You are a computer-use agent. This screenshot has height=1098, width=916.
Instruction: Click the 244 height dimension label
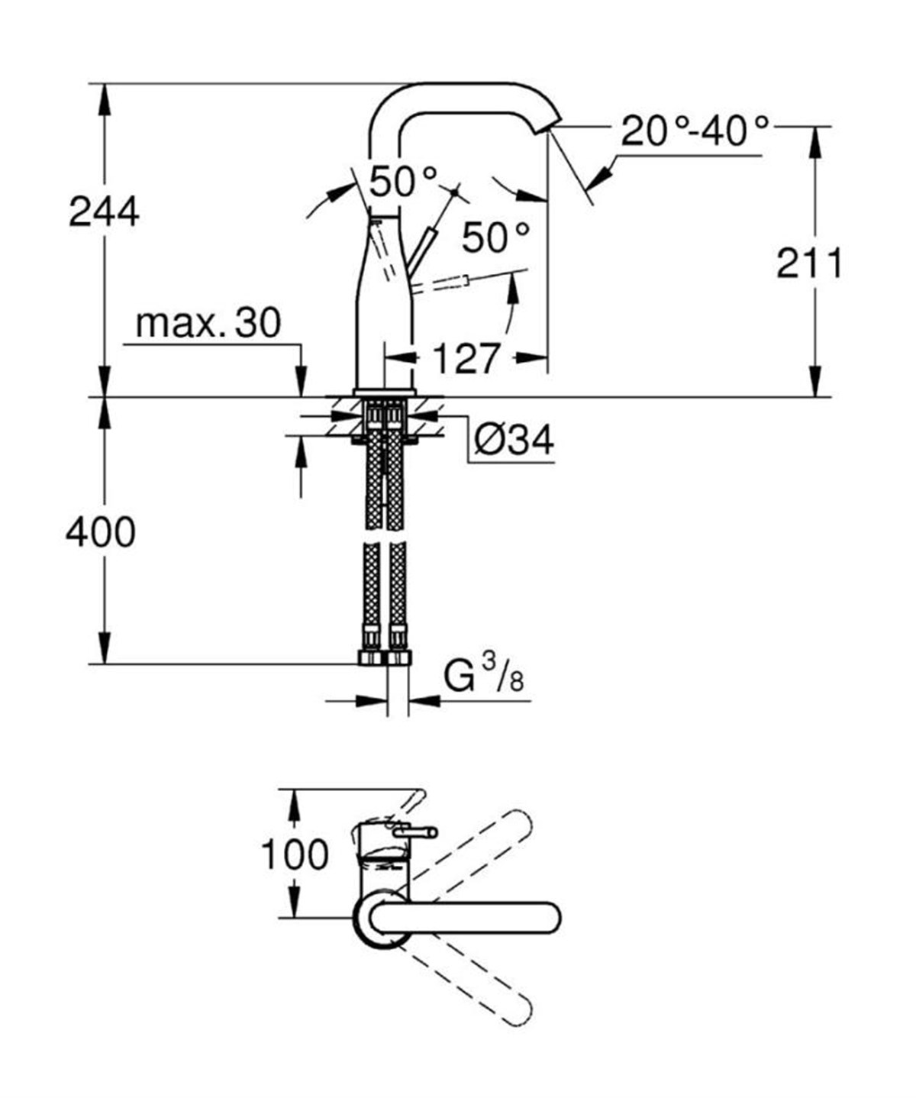pos(104,212)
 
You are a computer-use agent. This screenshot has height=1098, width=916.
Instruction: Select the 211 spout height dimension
pos(809,264)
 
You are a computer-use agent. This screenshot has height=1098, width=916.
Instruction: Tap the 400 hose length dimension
pos(100,531)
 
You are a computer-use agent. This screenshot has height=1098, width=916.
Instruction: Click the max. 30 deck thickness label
pos(208,323)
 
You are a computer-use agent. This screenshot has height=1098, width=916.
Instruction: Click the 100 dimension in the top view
pos(295,854)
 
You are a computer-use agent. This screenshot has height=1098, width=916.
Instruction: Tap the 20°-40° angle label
pos(694,131)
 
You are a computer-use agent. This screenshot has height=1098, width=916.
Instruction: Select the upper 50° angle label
pos(404,182)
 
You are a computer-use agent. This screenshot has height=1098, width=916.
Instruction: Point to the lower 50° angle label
pos(495,237)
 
